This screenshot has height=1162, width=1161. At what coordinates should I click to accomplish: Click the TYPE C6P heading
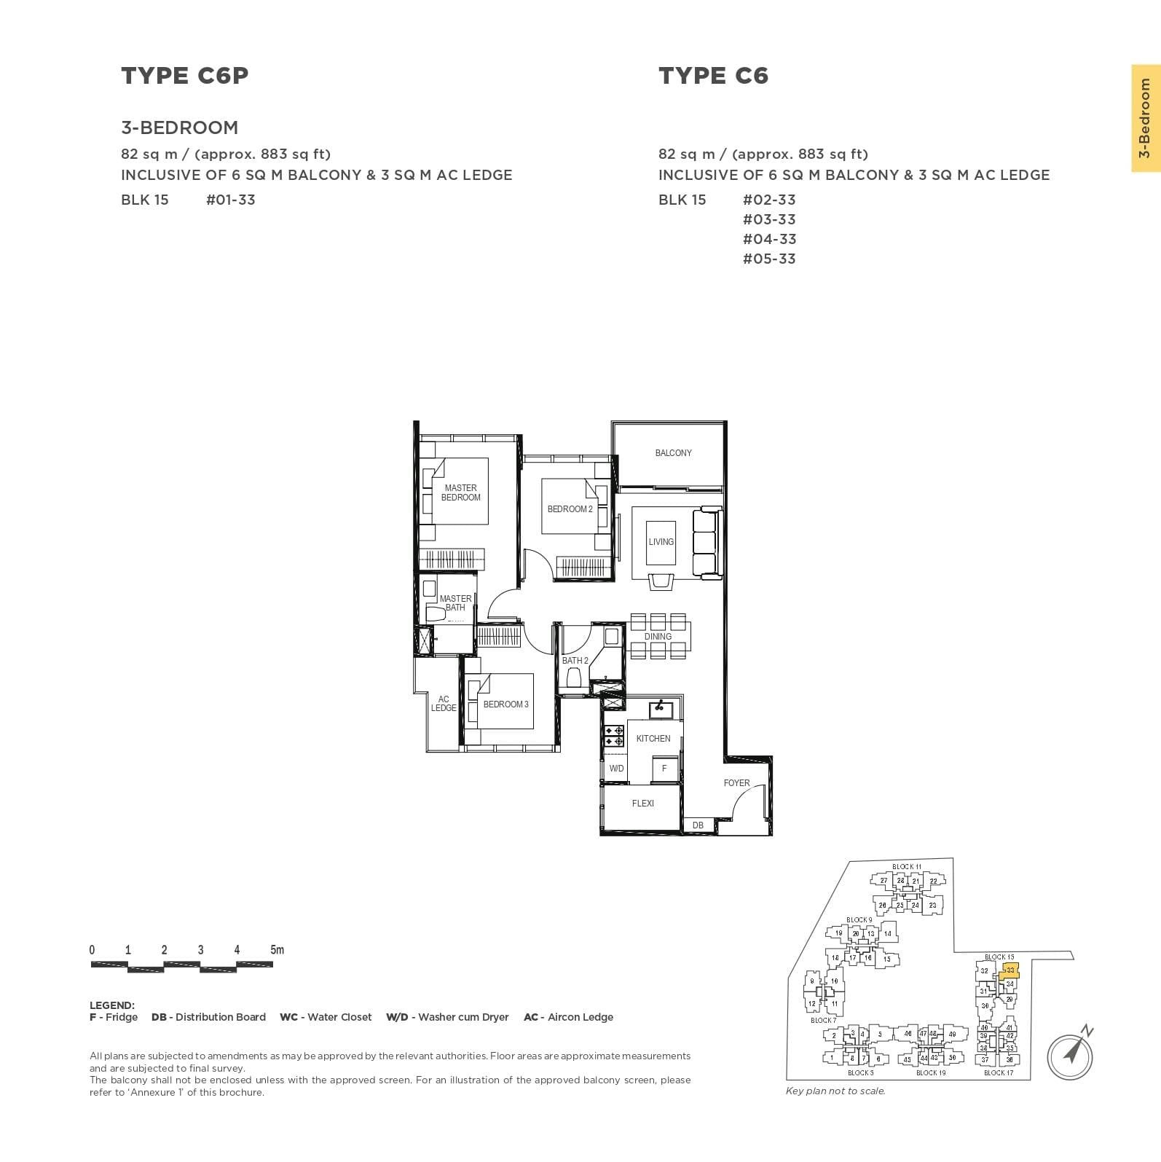tap(185, 76)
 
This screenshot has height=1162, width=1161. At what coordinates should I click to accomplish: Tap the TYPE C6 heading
tap(713, 76)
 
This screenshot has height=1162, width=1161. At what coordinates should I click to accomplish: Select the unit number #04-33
tap(769, 239)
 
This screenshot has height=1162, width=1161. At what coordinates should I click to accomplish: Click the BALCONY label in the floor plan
tap(673, 453)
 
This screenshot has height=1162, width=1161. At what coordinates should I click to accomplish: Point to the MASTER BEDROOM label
tap(461, 492)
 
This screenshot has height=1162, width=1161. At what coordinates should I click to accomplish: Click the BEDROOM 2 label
tap(570, 509)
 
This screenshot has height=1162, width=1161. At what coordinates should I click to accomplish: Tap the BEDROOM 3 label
tap(505, 704)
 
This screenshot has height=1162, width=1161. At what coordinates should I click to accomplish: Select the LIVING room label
tap(661, 542)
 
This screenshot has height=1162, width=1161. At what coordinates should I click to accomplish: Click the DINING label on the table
tap(658, 637)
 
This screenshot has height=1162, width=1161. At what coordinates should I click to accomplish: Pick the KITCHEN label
tap(653, 739)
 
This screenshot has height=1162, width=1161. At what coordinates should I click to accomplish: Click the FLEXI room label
tap(642, 804)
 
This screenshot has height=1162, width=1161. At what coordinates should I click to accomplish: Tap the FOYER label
tap(736, 783)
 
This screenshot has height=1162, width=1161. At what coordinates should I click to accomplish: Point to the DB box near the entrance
tap(698, 825)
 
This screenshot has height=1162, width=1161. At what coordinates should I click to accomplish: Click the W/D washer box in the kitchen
tap(616, 769)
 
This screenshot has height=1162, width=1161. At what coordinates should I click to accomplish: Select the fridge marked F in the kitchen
tap(664, 769)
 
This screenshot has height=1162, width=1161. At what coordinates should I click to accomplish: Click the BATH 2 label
tap(575, 661)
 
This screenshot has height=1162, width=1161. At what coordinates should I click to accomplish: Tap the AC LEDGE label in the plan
tap(444, 704)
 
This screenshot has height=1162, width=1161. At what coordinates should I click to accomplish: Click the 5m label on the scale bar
tap(277, 950)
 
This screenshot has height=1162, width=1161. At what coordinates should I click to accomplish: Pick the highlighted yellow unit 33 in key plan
tap(1010, 971)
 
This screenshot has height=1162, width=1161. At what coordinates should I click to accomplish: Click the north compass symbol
tap(1071, 1053)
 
